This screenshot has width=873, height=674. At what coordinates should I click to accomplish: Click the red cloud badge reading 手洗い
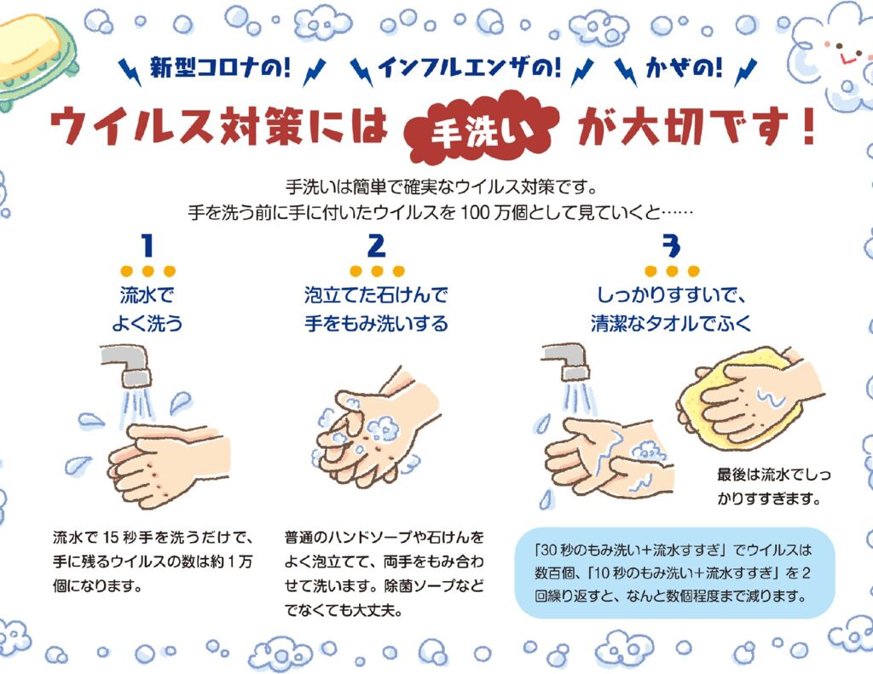tap(481, 126)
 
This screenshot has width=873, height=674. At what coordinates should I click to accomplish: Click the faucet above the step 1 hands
tap(130, 365)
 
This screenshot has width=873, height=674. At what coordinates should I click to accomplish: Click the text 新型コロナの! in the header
tap(220, 68)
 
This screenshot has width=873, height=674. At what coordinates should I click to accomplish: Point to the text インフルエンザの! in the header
tap(470, 68)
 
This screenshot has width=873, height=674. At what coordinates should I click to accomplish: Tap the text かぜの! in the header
tap(685, 68)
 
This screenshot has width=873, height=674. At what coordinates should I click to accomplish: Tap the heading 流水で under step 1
tap(147, 295)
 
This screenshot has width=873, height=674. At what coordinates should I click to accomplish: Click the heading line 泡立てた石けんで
tap(376, 295)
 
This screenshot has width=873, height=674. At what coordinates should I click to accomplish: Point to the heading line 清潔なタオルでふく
tap(671, 323)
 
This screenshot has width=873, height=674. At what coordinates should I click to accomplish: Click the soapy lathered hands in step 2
tap(374, 431)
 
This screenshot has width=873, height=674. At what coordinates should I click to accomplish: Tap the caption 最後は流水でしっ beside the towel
tap(774, 475)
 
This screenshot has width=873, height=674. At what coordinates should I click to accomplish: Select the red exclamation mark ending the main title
tap(808, 126)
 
